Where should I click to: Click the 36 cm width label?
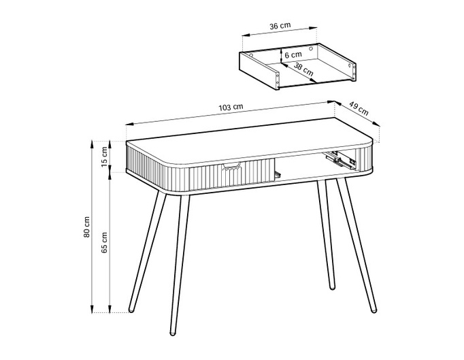280,26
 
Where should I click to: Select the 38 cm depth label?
303,68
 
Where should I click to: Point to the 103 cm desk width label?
231,108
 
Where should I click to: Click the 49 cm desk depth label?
359,109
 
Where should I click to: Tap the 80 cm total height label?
86,227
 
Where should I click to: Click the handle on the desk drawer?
232,165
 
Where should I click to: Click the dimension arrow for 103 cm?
231,114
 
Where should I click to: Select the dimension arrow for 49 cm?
358,117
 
